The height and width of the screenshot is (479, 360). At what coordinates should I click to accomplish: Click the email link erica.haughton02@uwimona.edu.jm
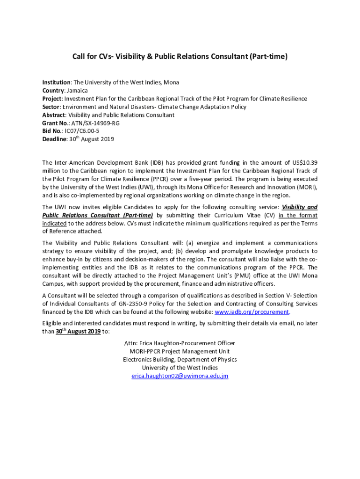pyautogui.click(x=180, y=376)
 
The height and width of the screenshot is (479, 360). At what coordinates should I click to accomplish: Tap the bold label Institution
pyautogui.click(x=57, y=82)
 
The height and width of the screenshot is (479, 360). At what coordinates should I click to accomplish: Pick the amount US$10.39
pyautogui.click(x=305, y=162)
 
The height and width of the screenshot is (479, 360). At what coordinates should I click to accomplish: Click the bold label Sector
pyautogui.click(x=51, y=107)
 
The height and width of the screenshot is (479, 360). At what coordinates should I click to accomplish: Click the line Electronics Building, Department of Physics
pyautogui.click(x=180, y=359)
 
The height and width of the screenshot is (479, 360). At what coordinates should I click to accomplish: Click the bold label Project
pyautogui.click(x=52, y=99)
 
